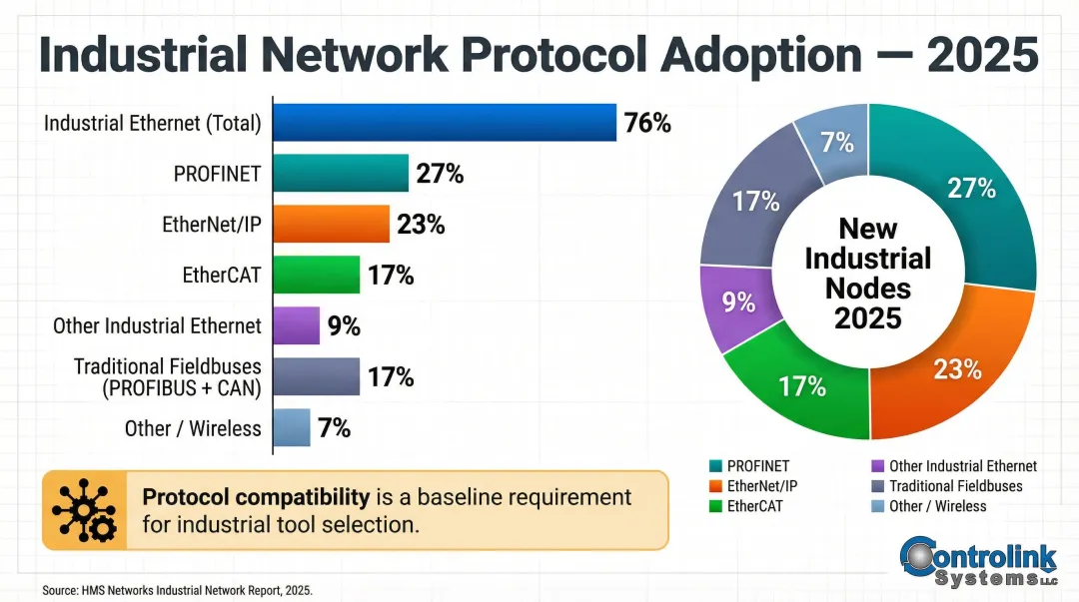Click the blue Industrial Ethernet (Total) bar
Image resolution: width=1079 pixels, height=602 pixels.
[x=445, y=123]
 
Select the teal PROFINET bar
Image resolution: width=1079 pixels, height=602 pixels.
[x=341, y=174]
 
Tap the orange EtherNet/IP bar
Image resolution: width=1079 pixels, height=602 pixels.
[x=331, y=225]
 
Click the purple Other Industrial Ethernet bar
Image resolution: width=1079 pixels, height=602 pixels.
[x=296, y=325]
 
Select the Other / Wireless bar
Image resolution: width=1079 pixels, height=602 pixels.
[x=291, y=428]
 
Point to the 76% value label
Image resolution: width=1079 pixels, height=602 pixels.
[x=647, y=123]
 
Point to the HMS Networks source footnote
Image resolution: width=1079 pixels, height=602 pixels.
[x=177, y=590]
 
